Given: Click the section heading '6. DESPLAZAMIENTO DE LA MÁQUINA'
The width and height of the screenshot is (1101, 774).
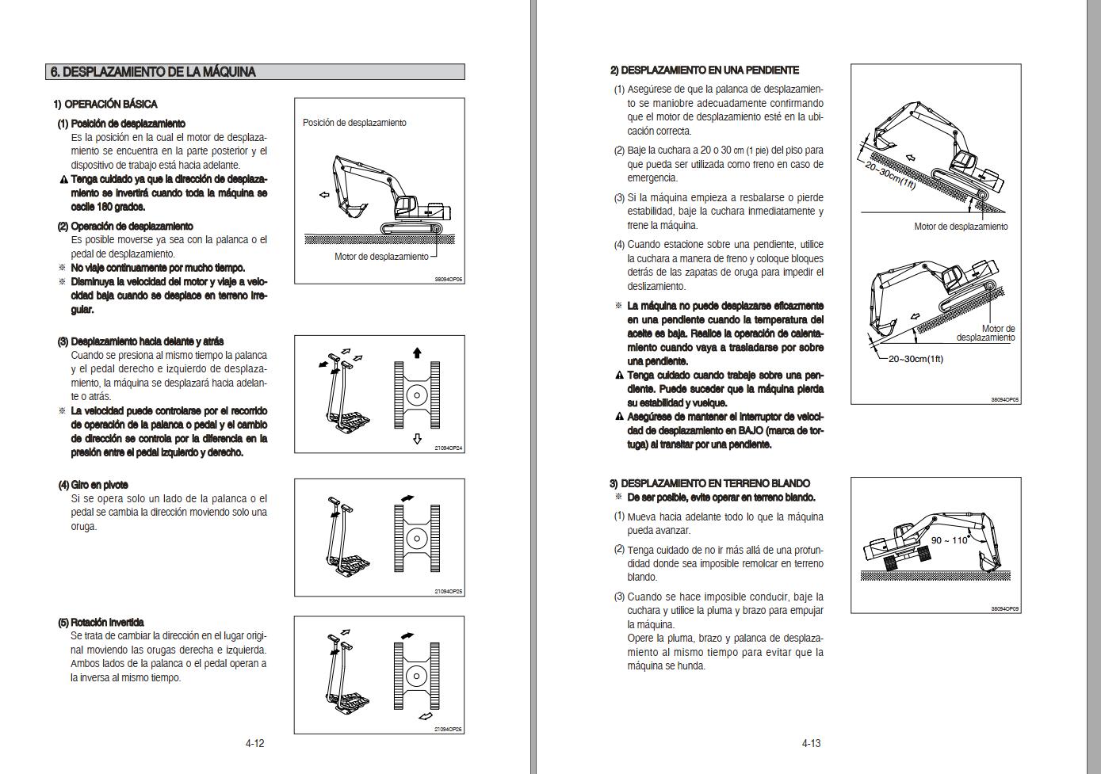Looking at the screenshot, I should tap(153, 72).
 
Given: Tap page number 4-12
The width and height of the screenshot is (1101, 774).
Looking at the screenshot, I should tap(254, 743).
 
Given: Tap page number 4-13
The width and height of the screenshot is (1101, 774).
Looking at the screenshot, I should tap(811, 743).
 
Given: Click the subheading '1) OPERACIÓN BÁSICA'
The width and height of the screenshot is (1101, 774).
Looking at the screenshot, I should tap(105, 104).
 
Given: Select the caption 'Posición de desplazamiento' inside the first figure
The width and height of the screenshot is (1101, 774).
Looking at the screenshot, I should tap(354, 123).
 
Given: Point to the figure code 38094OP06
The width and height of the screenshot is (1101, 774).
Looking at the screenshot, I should tap(449, 280).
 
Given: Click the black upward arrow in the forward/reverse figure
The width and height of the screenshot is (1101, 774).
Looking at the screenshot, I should tap(417, 353).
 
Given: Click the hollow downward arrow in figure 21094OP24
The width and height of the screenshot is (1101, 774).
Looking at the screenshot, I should tap(417, 439).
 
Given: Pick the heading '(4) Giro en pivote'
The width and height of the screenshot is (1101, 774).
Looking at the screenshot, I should tap(93, 485).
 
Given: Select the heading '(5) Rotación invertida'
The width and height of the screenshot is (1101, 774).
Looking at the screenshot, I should tap(101, 622).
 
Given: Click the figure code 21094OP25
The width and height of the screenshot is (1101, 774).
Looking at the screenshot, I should tap(449, 592).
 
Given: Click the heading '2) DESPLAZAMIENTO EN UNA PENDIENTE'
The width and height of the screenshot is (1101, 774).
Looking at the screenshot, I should tap(705, 71).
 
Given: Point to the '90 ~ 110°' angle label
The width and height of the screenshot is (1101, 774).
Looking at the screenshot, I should tap(950, 540).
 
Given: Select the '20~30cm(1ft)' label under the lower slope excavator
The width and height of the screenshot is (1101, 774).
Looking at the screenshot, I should tap(916, 359).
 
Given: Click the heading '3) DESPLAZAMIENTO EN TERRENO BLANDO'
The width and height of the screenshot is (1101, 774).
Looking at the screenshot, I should tap(709, 483).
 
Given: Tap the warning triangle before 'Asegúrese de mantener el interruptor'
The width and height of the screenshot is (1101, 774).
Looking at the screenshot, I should tap(619, 417).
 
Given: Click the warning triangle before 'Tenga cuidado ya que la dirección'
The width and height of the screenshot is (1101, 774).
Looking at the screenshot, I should tap(63, 179).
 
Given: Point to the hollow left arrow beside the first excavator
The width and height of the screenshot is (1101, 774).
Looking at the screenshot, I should tap(324, 196).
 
